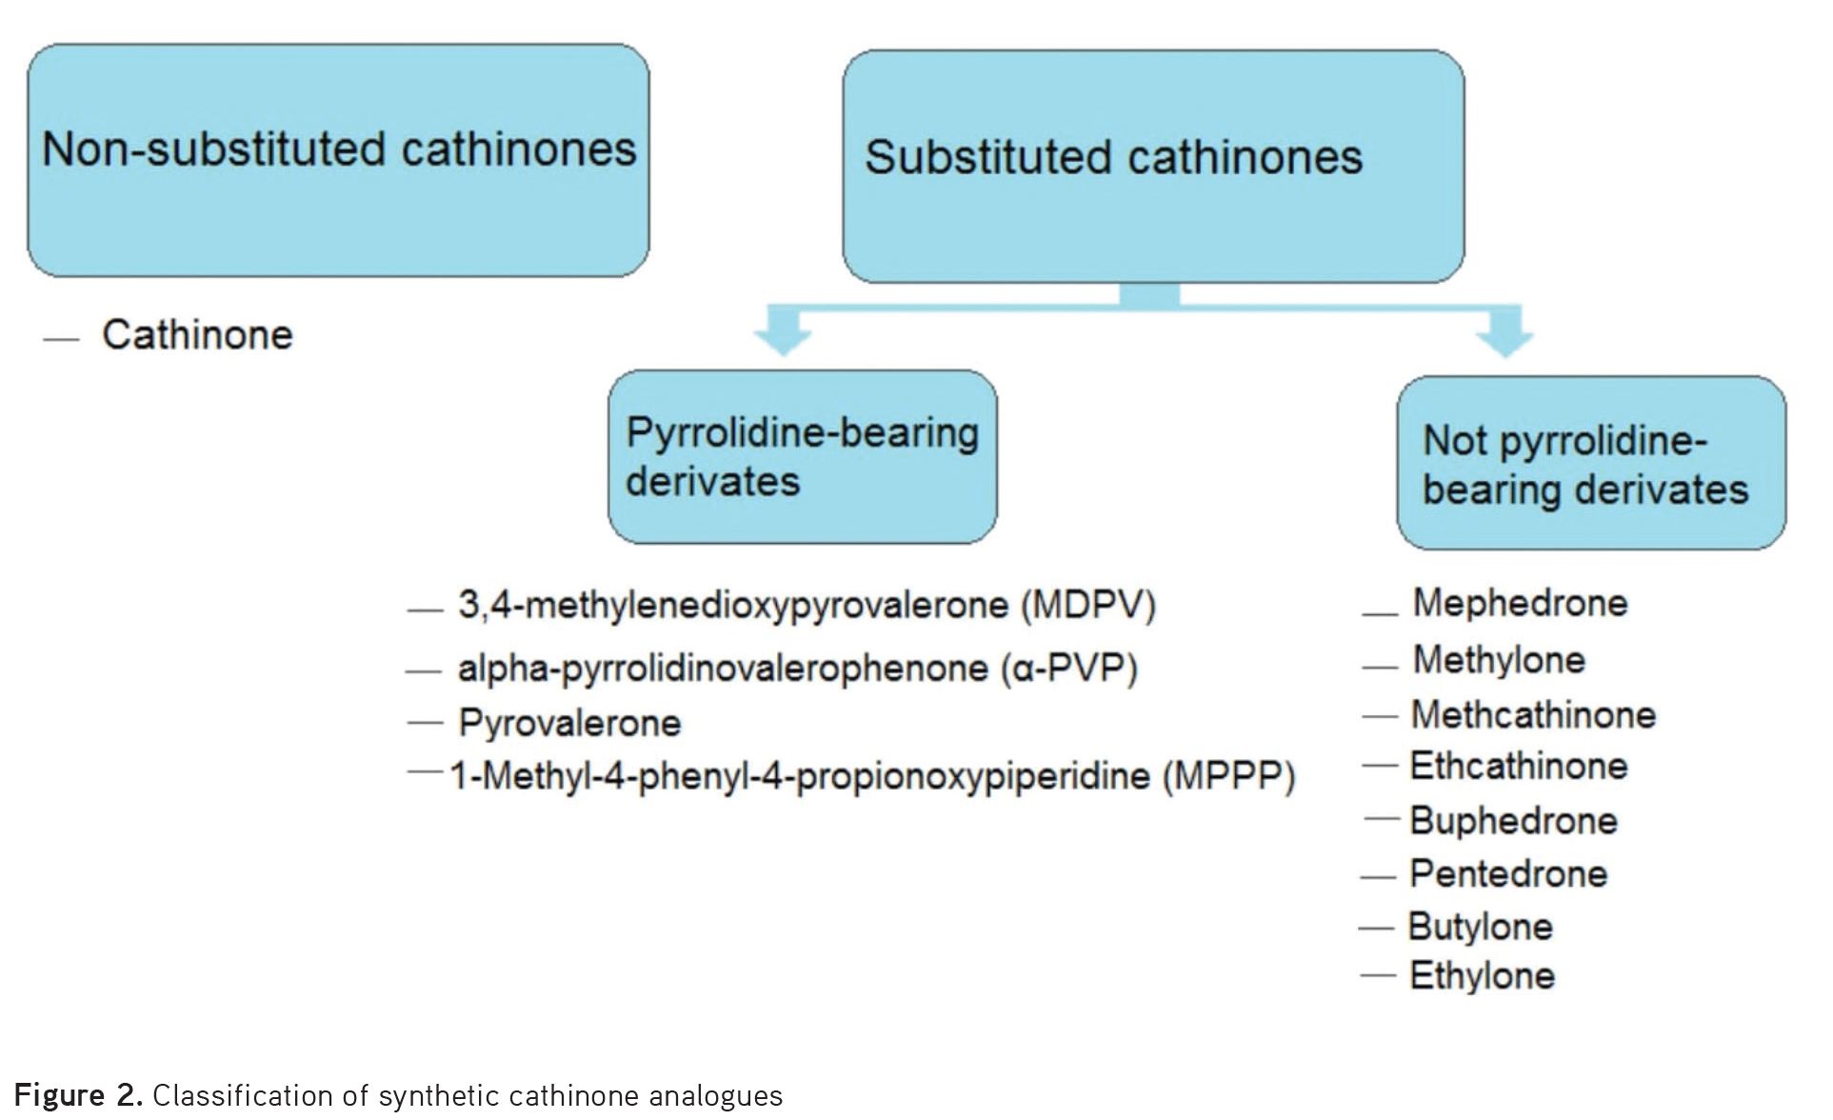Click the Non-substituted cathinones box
(338, 160)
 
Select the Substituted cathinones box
(1153, 167)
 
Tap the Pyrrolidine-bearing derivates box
(803, 457)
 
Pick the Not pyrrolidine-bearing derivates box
(1591, 464)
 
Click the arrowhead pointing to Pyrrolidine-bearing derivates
(783, 338)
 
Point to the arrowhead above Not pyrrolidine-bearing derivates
(1505, 340)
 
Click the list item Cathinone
(197, 335)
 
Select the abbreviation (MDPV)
(1088, 606)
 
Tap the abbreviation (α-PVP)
(1068, 669)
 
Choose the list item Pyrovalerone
(569, 724)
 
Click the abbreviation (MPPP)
(1228, 776)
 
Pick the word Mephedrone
(1520, 603)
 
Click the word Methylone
(1499, 660)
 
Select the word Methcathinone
(1533, 715)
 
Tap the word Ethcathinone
(1519, 767)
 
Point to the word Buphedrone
(1513, 821)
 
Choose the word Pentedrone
(1508, 874)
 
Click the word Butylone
(1480, 927)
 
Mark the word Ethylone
(1482, 976)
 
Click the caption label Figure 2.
(79, 1096)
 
